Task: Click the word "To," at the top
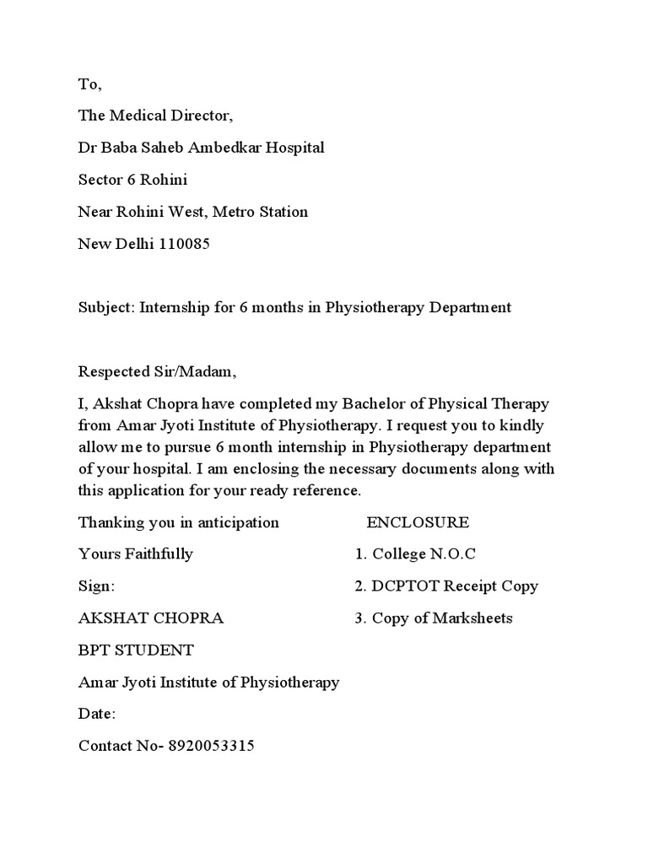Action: pyautogui.click(x=89, y=84)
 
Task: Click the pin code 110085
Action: pyautogui.click(x=181, y=245)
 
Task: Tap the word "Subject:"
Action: pyautogui.click(x=106, y=308)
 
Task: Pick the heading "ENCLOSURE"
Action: pyautogui.click(x=418, y=522)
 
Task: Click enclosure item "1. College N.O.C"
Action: pyautogui.click(x=415, y=554)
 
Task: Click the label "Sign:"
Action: pyautogui.click(x=96, y=586)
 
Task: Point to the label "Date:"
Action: pyautogui.click(x=97, y=714)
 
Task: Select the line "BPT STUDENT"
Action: pyautogui.click(x=136, y=651)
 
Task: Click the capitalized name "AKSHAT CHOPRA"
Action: pyautogui.click(x=151, y=618)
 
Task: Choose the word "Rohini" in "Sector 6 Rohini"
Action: pyautogui.click(x=165, y=180)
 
